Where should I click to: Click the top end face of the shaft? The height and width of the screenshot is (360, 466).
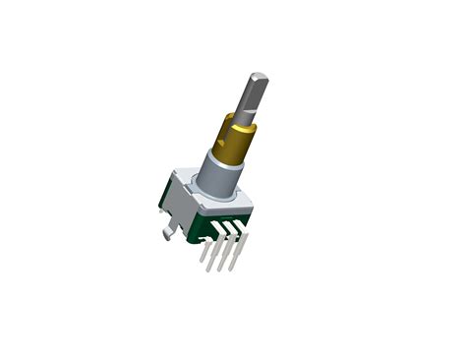click(259, 77)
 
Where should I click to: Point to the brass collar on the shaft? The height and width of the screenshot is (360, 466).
click(234, 138)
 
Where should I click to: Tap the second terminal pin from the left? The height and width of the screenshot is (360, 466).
click(217, 254)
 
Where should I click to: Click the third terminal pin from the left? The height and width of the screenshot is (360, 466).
click(227, 253)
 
